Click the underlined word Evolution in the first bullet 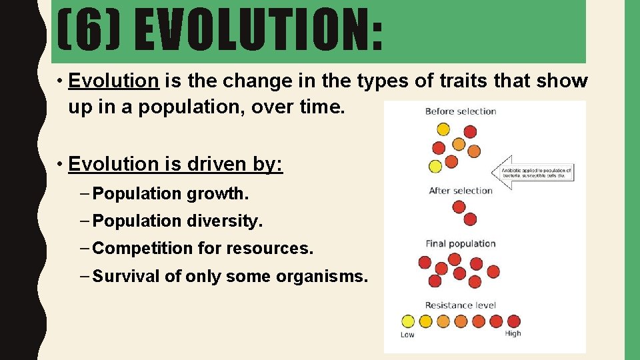113,81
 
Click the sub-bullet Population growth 171,194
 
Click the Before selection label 461,111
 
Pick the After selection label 461,191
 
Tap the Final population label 461,244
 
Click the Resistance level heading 461,305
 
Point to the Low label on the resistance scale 407,334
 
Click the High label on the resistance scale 513,333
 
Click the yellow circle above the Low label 409,321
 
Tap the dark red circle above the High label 512,321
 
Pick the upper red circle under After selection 459,207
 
